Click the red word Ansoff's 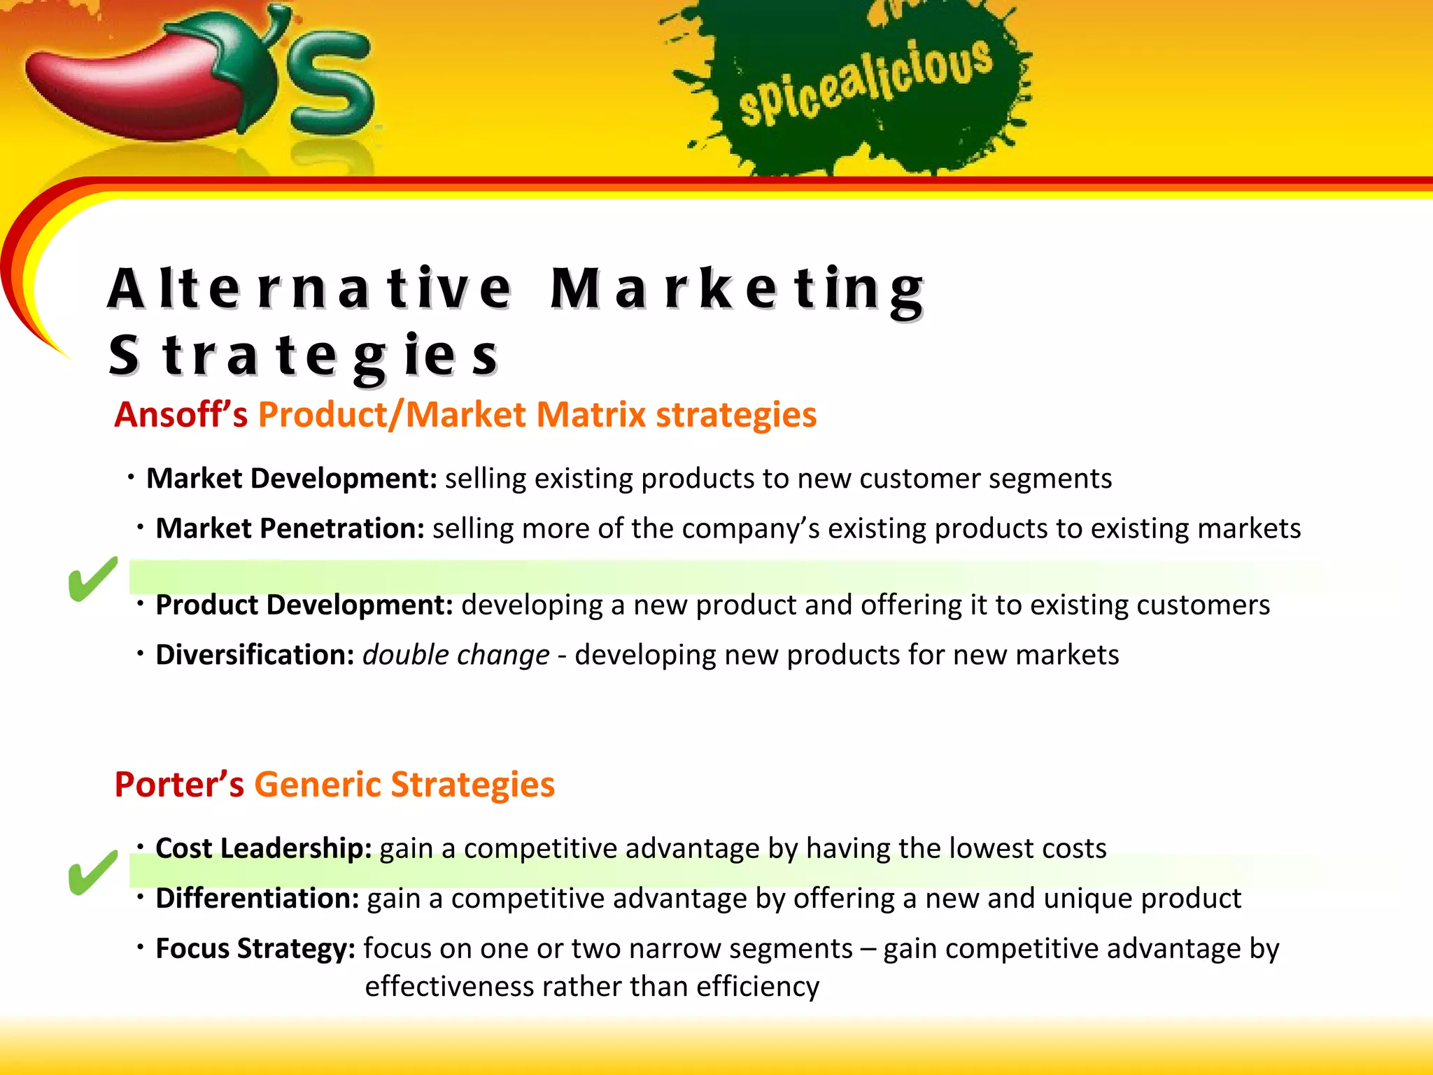coord(181,414)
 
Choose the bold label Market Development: coord(291,479)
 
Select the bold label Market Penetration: coord(290,528)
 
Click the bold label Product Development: coord(304,605)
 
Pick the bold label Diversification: coord(255,655)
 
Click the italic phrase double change coord(456,655)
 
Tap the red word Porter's coord(179,784)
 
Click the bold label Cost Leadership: coord(263,848)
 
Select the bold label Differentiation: coord(257,899)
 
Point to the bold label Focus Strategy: coord(255,949)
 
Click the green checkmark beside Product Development coord(92,579)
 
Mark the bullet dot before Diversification coord(140,654)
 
